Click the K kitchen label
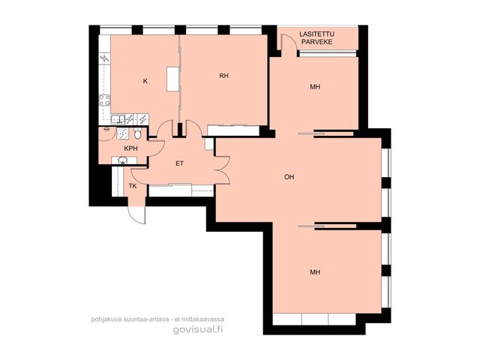(145, 81)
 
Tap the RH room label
(223, 76)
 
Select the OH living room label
(289, 177)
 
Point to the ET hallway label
(180, 163)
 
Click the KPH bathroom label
(130, 148)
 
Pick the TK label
(133, 186)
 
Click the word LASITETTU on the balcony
(316, 34)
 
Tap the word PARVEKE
(316, 42)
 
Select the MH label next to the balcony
(315, 87)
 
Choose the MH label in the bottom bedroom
(315, 271)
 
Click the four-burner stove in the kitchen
(104, 100)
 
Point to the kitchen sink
(118, 119)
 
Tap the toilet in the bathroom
(138, 133)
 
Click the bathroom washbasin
(123, 160)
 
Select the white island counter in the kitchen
(173, 79)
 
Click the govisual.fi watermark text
(198, 329)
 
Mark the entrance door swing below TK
(136, 215)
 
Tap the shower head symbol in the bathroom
(106, 129)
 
